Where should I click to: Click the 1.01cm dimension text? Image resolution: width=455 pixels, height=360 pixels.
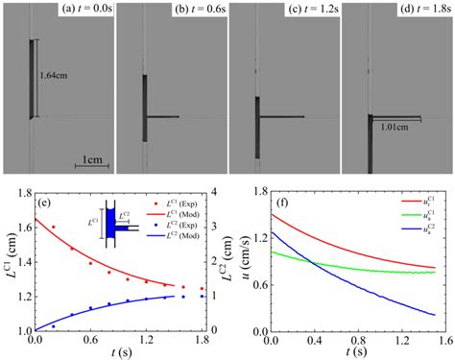pyautogui.click(x=395, y=124)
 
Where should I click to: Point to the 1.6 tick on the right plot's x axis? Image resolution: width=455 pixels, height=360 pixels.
pyautogui.click(x=435, y=340)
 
